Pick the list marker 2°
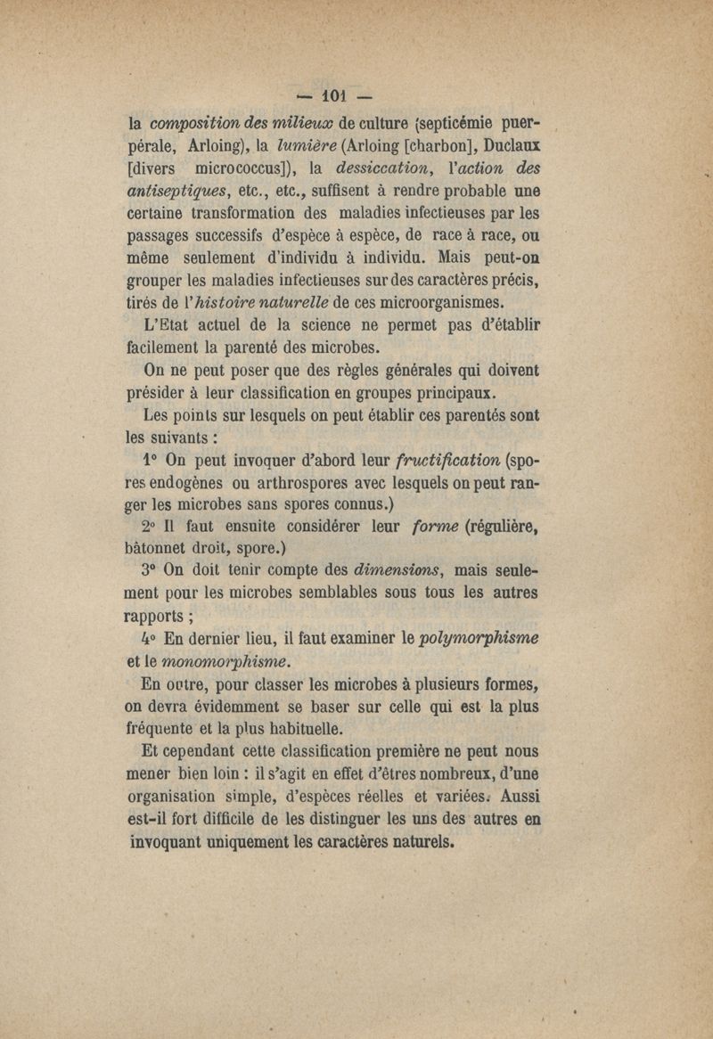tap(153, 526)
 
